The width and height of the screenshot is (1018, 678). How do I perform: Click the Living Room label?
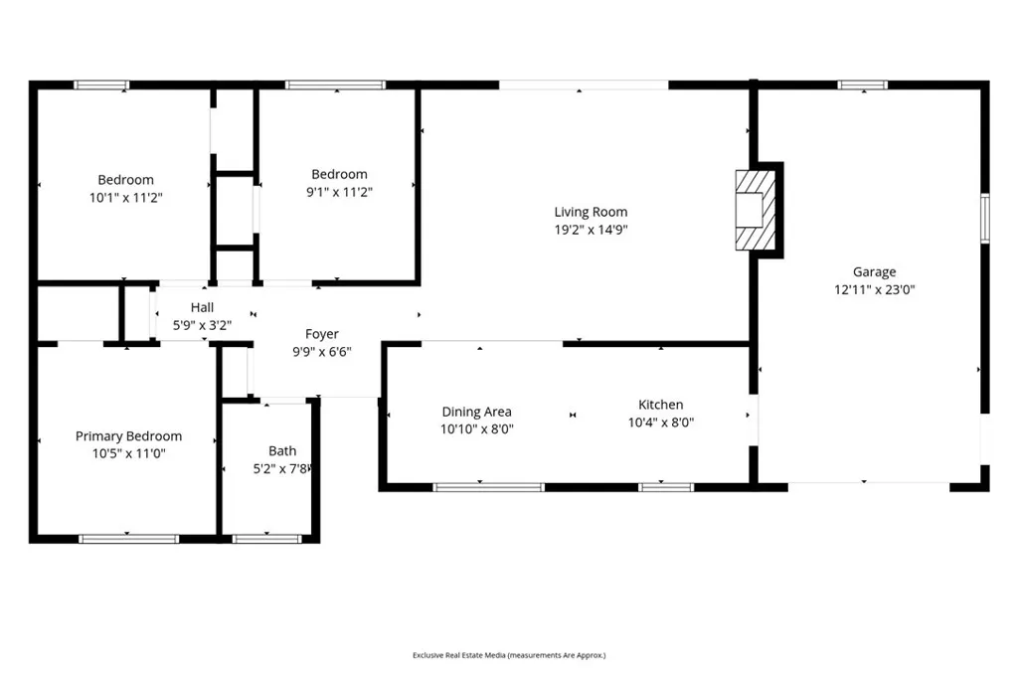(x=591, y=212)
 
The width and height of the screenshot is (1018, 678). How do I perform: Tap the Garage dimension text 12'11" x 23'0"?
(x=874, y=290)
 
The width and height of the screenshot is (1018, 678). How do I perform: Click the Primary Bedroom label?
(x=128, y=436)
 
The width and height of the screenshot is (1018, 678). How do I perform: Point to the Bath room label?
(x=282, y=450)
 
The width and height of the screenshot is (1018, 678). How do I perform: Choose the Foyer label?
(x=321, y=334)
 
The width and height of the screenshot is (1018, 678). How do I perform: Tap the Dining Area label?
(x=476, y=412)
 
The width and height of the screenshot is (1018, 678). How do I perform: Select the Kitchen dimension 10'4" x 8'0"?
(x=660, y=422)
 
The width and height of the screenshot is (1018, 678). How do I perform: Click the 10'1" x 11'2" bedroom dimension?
(x=125, y=197)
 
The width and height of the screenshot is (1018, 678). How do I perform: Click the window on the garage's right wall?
(x=985, y=218)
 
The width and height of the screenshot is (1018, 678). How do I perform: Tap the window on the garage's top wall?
(x=863, y=85)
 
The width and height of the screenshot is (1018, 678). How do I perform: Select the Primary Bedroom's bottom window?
(x=128, y=539)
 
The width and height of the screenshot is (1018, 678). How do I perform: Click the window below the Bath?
(x=266, y=539)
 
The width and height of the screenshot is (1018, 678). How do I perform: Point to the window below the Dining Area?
(x=488, y=487)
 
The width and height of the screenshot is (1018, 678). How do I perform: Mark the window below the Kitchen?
(x=665, y=487)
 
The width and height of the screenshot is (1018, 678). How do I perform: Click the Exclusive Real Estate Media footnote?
(x=509, y=655)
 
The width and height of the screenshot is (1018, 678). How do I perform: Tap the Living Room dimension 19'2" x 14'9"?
(x=591, y=230)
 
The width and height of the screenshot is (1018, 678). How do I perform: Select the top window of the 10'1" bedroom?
(x=102, y=85)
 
